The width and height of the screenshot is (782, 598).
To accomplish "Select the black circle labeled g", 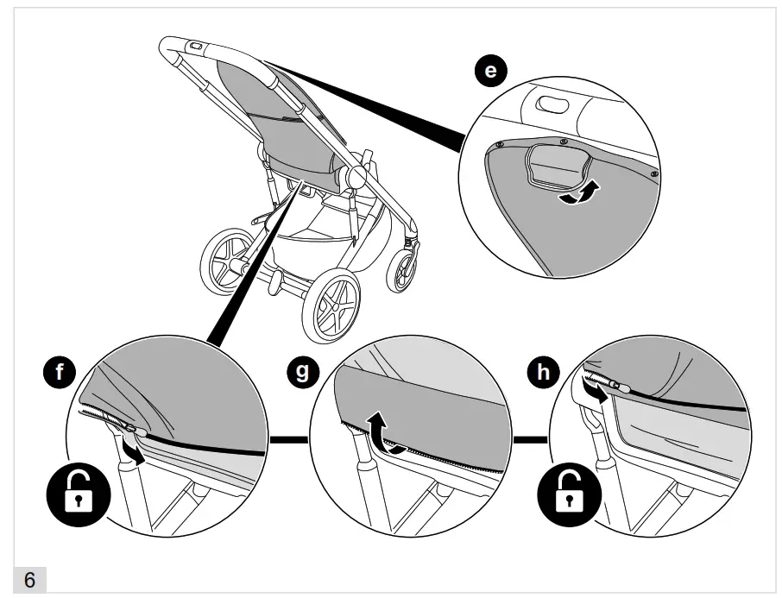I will pos(301,373).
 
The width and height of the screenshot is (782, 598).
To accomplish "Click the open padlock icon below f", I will pos(79,496).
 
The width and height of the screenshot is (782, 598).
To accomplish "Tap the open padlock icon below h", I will pos(565,496).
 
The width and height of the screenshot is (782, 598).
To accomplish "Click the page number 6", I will pos(29,581).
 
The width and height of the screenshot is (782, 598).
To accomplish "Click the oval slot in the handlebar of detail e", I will pos(550,105).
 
